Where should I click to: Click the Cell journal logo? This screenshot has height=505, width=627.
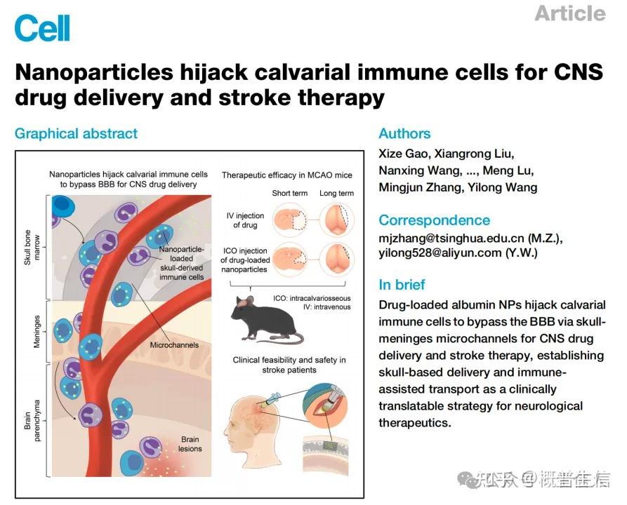41,27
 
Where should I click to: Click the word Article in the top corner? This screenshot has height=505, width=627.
569,13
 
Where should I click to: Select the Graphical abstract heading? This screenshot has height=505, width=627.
76,133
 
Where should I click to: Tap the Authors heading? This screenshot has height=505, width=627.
404,133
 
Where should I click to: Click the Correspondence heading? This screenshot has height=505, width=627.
434,220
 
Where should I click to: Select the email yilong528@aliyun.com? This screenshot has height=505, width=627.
442,253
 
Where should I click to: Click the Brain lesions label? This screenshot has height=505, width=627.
190,444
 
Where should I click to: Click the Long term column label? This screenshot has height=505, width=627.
336,194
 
